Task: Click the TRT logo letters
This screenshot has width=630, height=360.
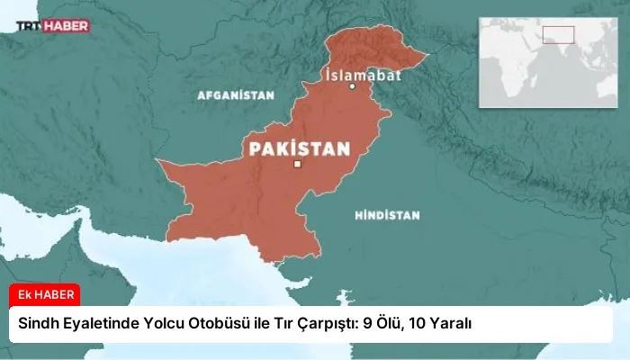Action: coord(33,26)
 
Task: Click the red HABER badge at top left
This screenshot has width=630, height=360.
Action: coord(69,26)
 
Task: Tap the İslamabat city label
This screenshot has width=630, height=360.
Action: coord(363,74)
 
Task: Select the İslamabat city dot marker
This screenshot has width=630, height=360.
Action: coord(353,87)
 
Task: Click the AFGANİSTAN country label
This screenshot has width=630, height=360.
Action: coord(235,94)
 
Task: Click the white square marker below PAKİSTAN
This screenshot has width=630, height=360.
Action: coord(297,164)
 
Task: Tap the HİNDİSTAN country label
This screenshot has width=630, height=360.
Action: coord(388,216)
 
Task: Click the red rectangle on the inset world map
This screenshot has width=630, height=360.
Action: coord(558,35)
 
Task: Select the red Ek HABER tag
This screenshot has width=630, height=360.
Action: coord(45,294)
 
